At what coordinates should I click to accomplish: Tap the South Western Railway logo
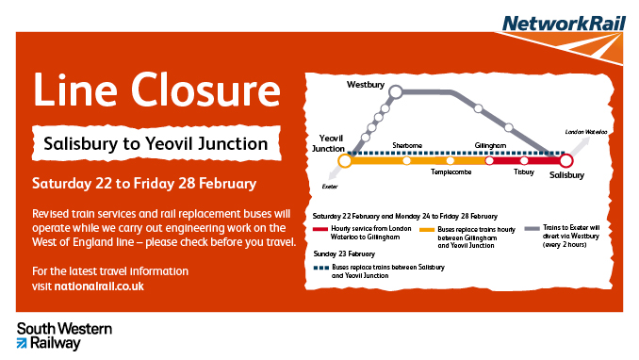pyautogui.click(x=65, y=335)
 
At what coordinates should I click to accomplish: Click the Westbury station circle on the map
pyautogui.click(x=397, y=92)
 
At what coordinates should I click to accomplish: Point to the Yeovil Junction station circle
pyautogui.click(x=345, y=161)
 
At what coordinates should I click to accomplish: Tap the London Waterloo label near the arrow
pyautogui.click(x=583, y=132)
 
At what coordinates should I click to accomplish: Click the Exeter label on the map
pyautogui.click(x=330, y=187)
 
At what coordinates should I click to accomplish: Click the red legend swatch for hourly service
pyautogui.click(x=320, y=229)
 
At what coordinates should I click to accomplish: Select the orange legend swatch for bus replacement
pyautogui.click(x=426, y=229)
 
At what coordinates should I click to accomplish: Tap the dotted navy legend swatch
pyautogui.click(x=320, y=267)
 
